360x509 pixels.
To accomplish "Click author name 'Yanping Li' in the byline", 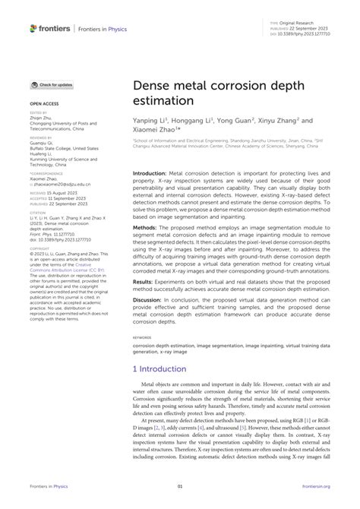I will [150, 120].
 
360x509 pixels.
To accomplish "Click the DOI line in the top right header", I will [308, 33].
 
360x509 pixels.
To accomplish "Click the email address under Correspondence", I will [62, 185].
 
